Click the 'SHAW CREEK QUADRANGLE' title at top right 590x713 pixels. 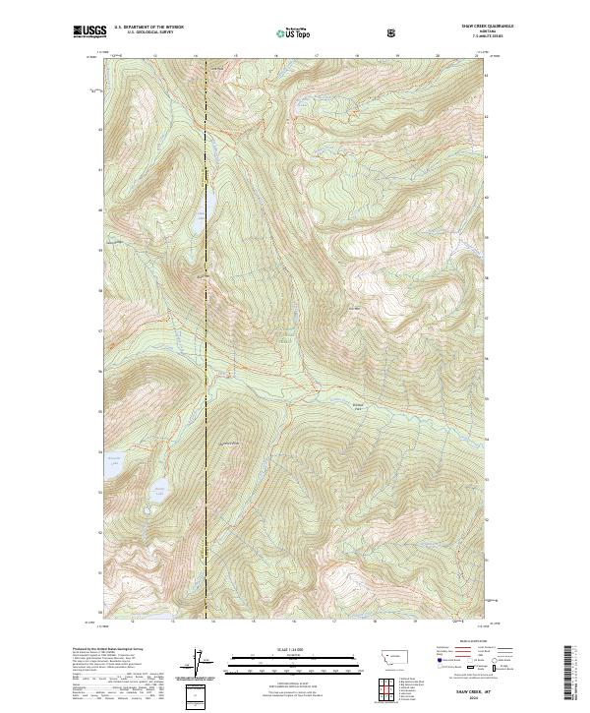click(470, 27)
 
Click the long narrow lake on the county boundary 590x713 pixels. click(209, 203)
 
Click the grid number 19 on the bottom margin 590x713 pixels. click(415, 622)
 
